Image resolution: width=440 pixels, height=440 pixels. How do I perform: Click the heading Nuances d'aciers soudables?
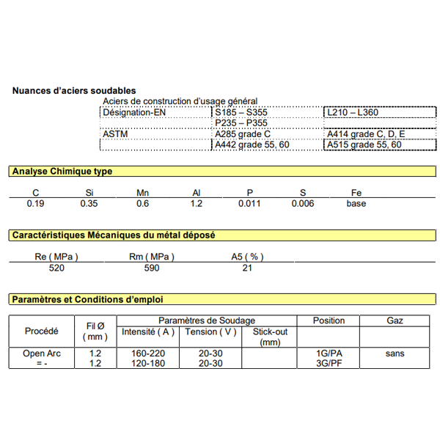[x=73, y=90]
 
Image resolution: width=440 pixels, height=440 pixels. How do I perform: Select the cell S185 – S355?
[x=241, y=112]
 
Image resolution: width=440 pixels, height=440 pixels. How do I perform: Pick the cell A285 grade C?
[x=242, y=134]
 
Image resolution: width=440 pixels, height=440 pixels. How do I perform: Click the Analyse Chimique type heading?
[x=62, y=171]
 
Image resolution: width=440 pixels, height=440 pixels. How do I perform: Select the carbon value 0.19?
[x=35, y=203]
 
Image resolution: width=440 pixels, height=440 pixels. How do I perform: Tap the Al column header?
[x=196, y=193]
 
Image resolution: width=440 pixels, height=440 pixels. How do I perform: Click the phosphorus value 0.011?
[x=249, y=203]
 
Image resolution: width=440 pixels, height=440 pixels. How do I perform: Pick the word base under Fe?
[x=356, y=203]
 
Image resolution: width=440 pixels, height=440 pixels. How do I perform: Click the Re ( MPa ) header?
[x=56, y=257]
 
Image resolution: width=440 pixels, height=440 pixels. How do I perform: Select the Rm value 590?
[x=151, y=268]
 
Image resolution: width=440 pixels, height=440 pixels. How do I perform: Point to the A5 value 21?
[x=247, y=268]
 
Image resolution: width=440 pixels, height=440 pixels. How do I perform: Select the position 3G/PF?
[x=329, y=363]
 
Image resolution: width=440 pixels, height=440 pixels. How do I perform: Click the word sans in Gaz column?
[x=395, y=353]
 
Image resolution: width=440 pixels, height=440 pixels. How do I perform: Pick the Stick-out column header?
[x=270, y=337]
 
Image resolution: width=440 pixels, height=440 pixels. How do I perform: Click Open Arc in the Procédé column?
[x=41, y=353]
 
